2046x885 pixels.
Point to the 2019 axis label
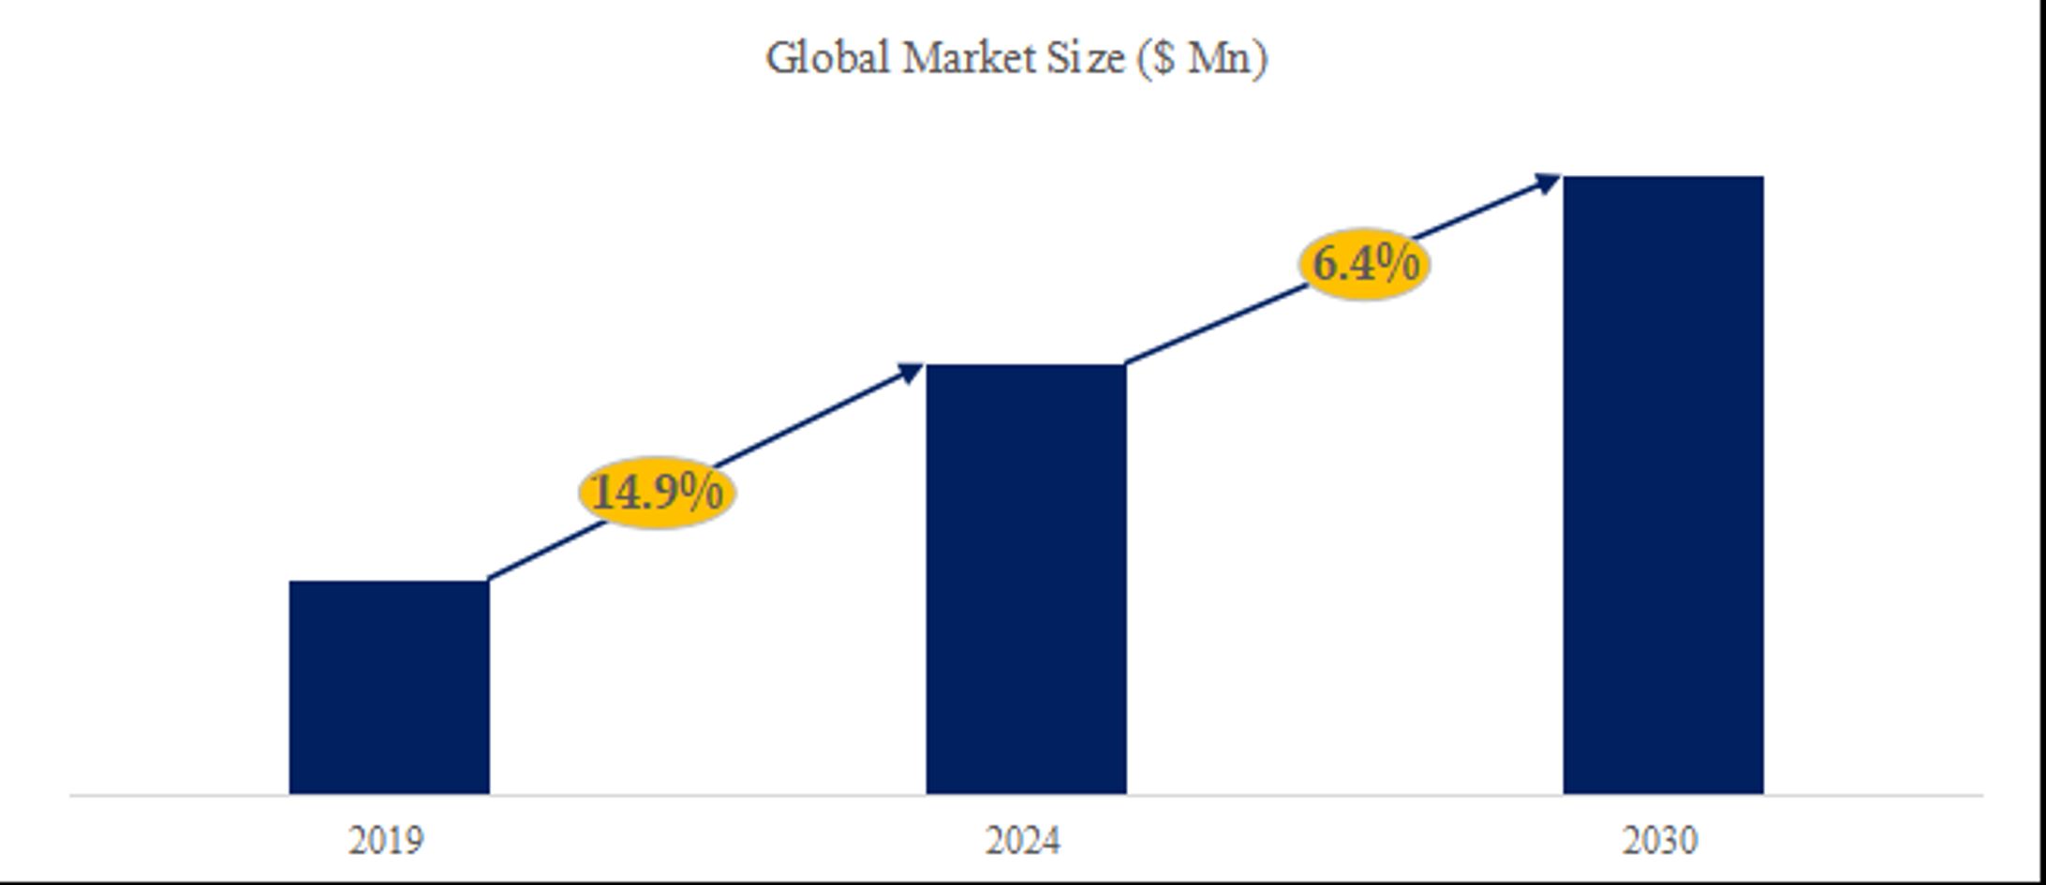coord(386,840)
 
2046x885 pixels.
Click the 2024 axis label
coord(1023,840)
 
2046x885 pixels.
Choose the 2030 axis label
coord(1660,840)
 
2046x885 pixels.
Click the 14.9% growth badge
coord(658,493)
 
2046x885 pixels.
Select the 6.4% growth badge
coord(1365,263)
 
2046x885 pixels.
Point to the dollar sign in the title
coord(1163,58)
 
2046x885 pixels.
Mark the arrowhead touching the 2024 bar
coord(912,373)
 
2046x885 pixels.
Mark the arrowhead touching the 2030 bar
coord(1547,183)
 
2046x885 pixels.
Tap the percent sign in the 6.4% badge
coord(1399,262)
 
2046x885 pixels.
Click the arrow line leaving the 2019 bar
coord(543,553)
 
